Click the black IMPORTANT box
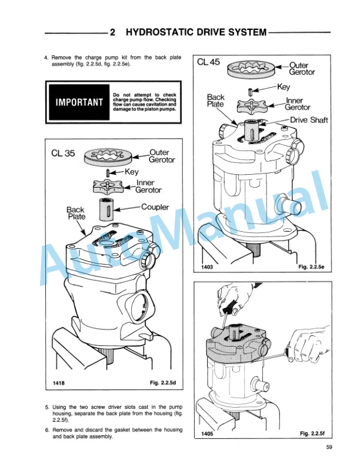(x=79, y=102)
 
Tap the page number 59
(x=329, y=447)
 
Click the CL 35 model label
(x=63, y=153)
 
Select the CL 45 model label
(x=208, y=62)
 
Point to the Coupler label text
(x=155, y=207)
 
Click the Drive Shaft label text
(x=309, y=120)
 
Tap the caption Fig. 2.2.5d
(x=163, y=382)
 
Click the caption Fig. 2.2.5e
(x=311, y=267)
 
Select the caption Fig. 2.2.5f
(x=312, y=433)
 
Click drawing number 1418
(x=58, y=383)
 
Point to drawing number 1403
(x=207, y=267)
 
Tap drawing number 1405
(x=207, y=434)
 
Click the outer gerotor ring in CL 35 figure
(x=108, y=157)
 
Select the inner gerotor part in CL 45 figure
(x=252, y=105)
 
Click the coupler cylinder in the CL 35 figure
(x=106, y=209)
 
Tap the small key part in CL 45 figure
(x=251, y=91)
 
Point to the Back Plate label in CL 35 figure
(x=76, y=213)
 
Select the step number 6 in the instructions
(x=47, y=430)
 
